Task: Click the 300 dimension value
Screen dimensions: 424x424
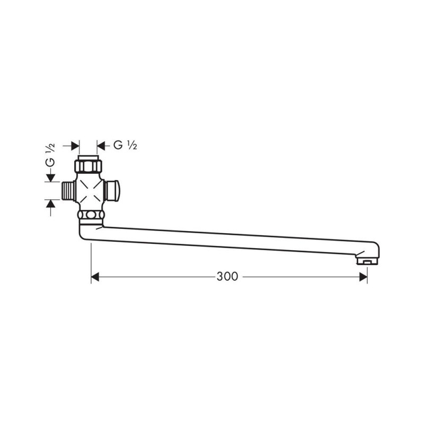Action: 227,276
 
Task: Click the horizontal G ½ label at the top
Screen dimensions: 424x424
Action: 125,145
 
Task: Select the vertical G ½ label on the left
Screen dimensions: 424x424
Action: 50,155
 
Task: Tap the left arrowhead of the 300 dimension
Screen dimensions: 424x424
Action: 95,277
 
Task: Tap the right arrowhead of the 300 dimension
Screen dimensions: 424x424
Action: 363,277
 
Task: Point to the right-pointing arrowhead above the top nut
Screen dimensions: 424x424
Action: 75,146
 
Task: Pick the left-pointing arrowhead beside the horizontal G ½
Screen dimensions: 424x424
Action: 101,146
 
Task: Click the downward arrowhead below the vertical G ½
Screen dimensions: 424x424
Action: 50,178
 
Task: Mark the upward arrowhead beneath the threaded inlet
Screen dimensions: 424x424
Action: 50,204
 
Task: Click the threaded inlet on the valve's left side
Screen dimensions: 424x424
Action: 69,191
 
